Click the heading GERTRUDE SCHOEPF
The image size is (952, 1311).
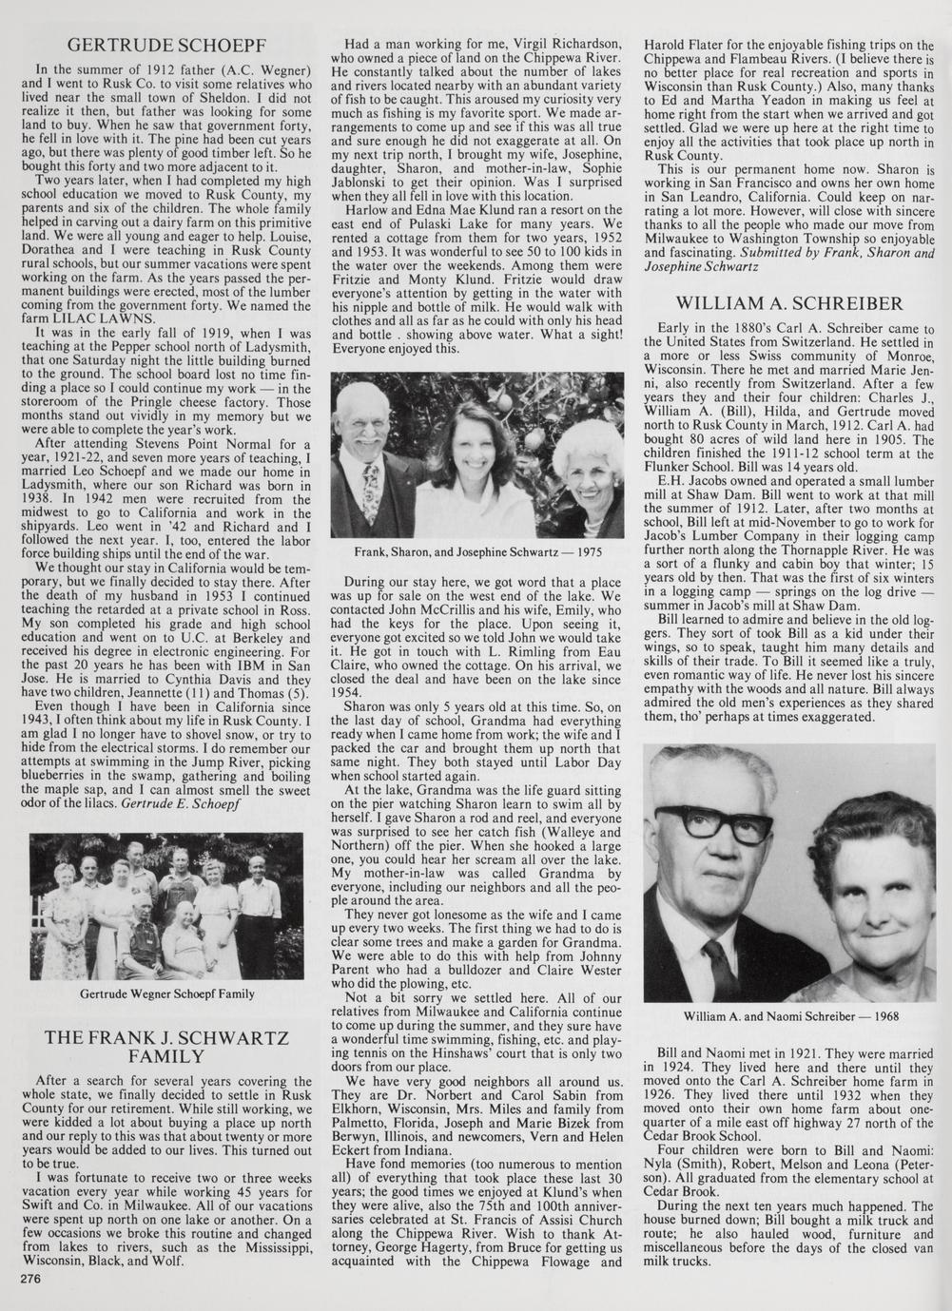tap(166, 45)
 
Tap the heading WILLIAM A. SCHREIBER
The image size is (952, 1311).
tap(788, 304)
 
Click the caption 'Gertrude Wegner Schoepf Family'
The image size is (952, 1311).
tap(166, 993)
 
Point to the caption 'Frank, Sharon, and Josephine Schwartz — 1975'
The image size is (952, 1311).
tap(477, 551)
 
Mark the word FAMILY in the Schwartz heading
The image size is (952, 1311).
tap(166, 1056)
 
